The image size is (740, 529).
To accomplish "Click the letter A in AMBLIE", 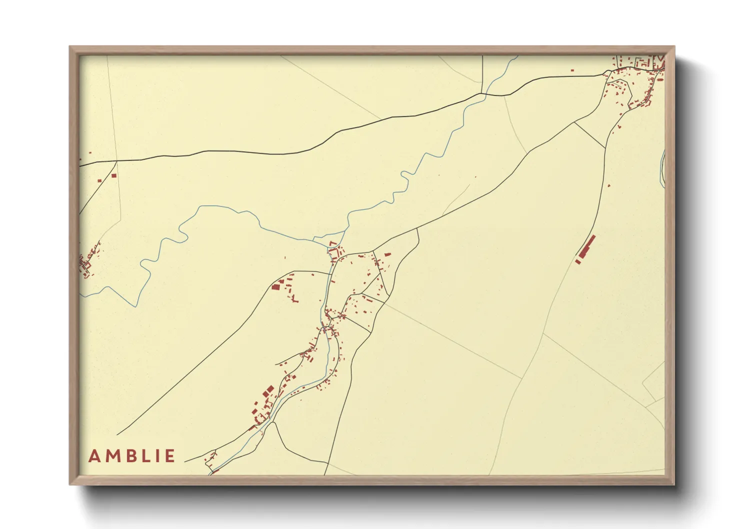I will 94,456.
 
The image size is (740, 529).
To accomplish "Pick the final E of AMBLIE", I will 170,456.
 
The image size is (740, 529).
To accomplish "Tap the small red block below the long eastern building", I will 578,261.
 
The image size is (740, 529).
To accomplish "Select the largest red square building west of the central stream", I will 274,287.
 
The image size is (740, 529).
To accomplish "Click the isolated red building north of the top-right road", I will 572,70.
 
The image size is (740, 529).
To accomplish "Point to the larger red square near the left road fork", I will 113,175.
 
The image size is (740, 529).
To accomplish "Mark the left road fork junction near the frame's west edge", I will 116,161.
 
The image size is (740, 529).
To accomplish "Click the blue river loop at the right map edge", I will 662,167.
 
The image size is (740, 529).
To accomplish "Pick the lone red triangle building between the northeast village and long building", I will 619,127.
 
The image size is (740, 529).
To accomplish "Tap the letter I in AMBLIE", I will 157,456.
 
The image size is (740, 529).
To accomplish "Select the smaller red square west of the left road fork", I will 99,180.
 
